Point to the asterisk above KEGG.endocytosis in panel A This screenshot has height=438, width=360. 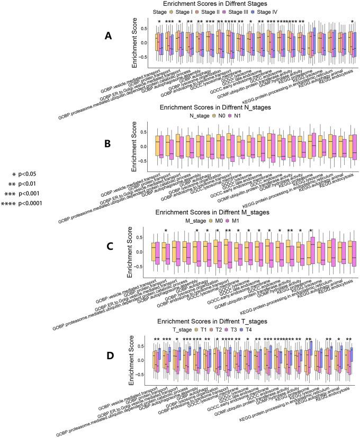pos(352,22)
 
